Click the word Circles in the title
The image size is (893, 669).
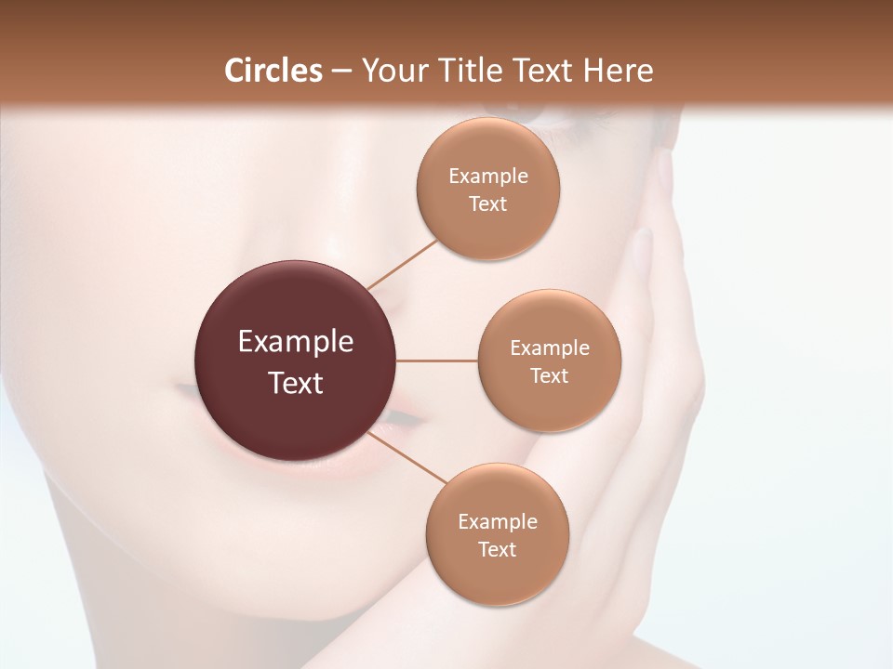tap(273, 71)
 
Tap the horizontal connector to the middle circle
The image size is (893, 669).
tap(437, 361)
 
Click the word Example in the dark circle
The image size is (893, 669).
tap(296, 342)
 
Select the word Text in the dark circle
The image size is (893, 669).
tap(296, 383)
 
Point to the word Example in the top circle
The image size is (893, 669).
tap(488, 177)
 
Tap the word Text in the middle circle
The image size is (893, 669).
tap(549, 376)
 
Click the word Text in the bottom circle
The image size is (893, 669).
tap(497, 549)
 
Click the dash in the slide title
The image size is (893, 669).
tap(341, 72)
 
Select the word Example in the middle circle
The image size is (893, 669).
tap(550, 348)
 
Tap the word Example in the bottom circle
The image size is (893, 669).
tap(498, 522)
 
